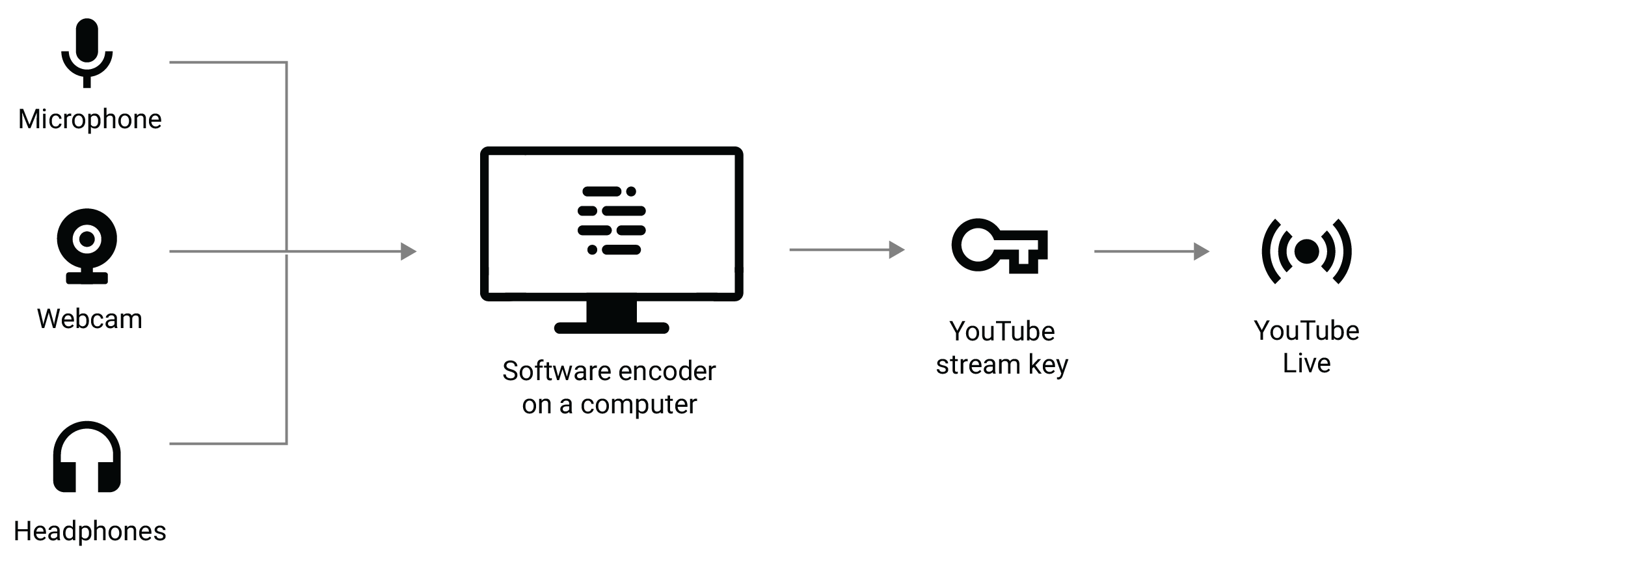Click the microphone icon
tap(87, 52)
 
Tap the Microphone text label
tap(90, 119)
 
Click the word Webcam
tap(90, 319)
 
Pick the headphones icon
tap(87, 457)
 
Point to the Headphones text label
tap(90, 531)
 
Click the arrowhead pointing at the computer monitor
tap(409, 251)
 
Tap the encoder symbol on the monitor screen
tap(612, 221)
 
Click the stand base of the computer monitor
tap(612, 327)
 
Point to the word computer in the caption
tap(639, 405)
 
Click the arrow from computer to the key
tap(846, 249)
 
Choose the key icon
tap(999, 246)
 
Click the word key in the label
tap(1048, 365)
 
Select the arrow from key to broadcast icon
tap(1151, 251)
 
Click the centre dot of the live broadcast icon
tap(1306, 251)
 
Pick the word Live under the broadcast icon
tap(1306, 363)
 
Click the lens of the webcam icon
tap(87, 239)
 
